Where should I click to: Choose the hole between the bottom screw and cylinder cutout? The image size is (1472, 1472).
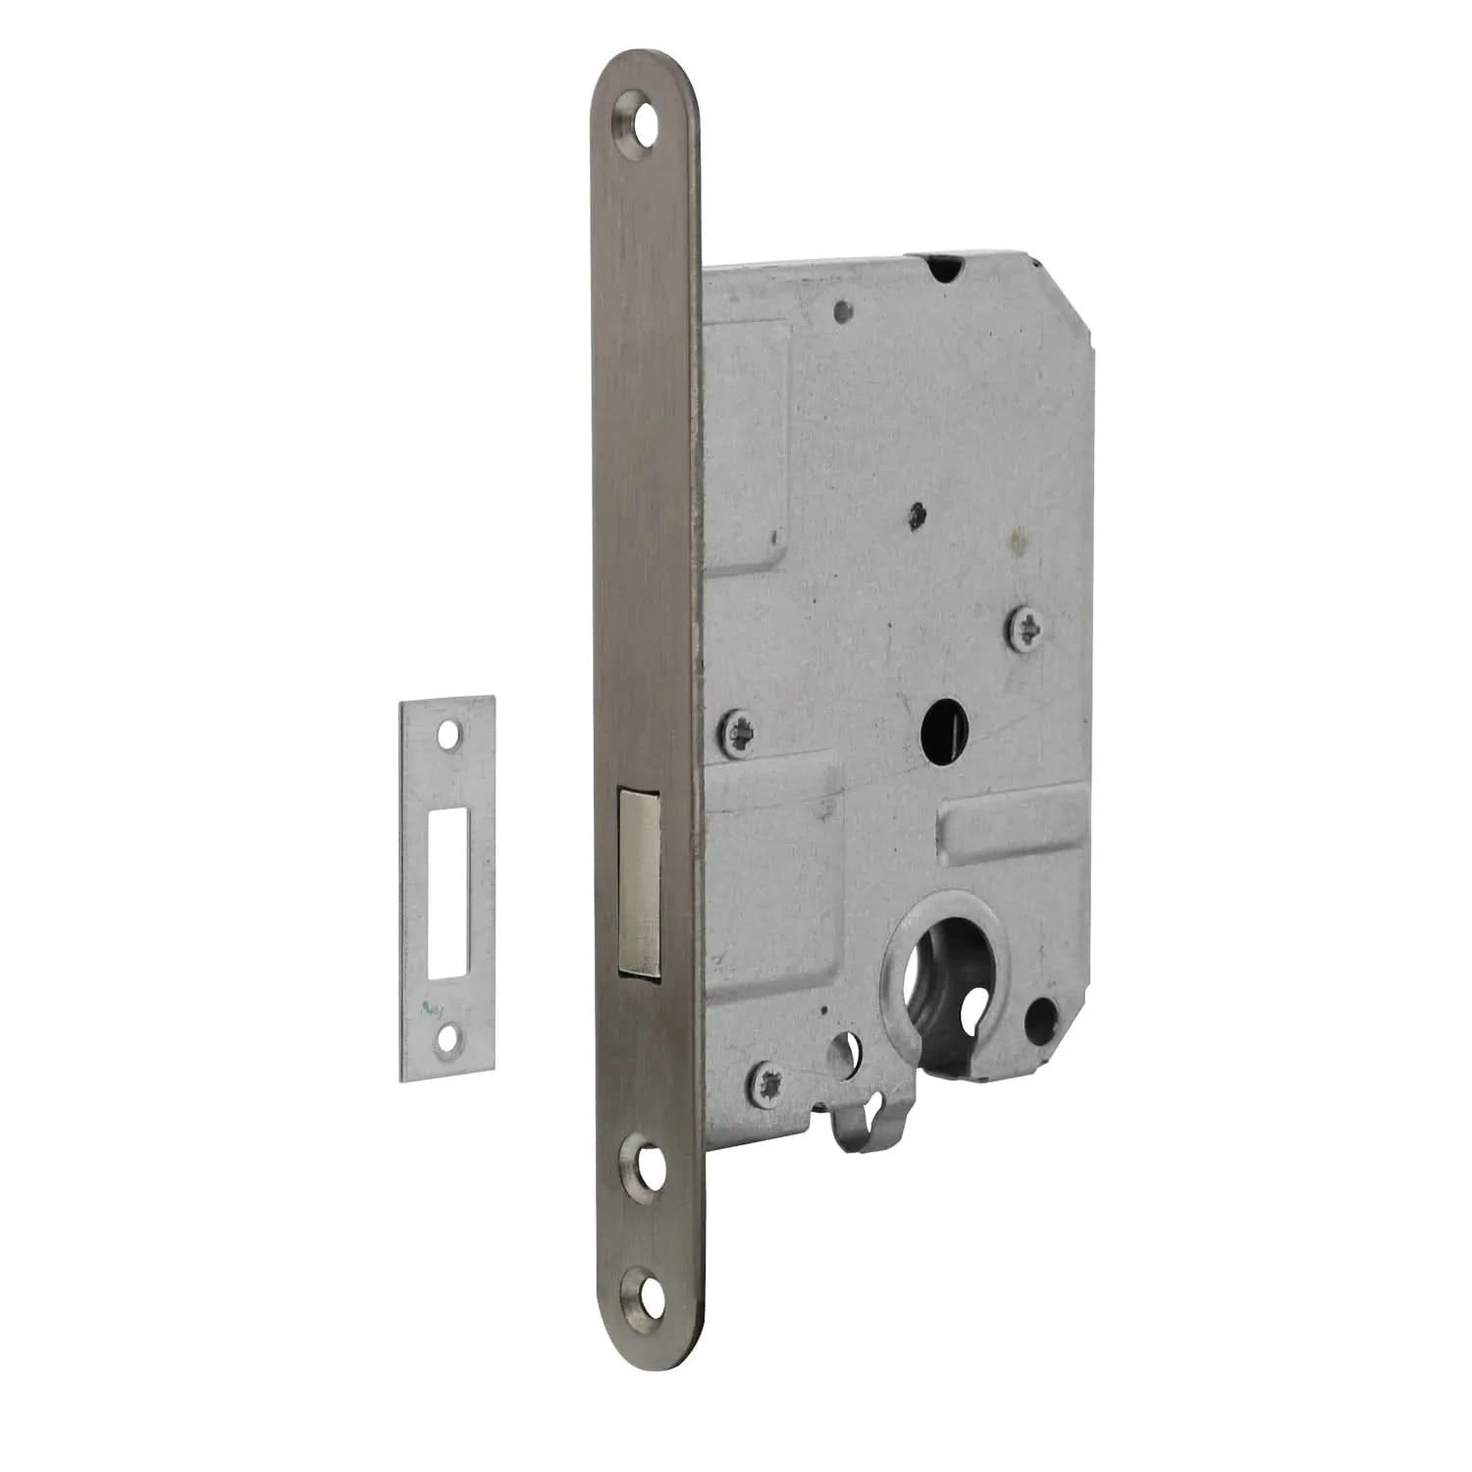[x=842, y=1056]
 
